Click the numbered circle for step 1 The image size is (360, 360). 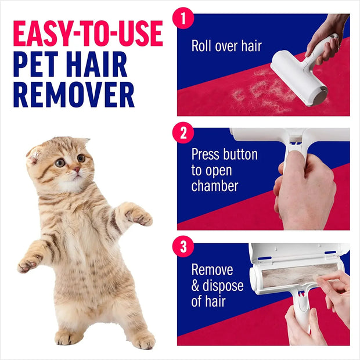(183, 18)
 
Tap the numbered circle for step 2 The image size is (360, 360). (183, 134)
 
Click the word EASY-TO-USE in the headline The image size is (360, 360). (88, 35)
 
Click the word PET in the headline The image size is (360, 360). (37, 65)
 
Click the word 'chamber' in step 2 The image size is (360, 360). (214, 186)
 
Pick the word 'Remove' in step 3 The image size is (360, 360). (212, 270)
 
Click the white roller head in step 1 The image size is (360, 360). (296, 75)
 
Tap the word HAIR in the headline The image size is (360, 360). (111, 65)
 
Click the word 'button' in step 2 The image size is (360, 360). (239, 155)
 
